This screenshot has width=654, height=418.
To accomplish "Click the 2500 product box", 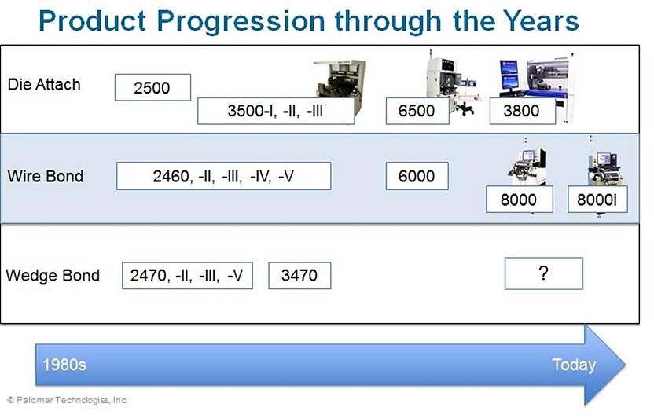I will [x=152, y=87].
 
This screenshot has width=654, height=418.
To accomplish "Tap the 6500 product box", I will [x=417, y=111].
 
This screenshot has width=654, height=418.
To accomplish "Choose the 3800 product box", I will [x=522, y=111].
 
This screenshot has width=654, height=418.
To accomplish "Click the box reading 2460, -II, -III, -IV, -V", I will [x=223, y=176].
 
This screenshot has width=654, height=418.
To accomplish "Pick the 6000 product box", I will [x=417, y=176].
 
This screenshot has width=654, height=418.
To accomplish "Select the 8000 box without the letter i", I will [x=519, y=200].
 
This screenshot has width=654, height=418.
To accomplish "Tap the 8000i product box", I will [x=597, y=200].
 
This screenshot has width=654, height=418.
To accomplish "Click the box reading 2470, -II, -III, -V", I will [x=187, y=276].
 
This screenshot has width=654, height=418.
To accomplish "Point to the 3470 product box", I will [x=299, y=276].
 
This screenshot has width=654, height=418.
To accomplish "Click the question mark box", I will [x=543, y=273].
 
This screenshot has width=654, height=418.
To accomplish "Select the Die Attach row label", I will [x=44, y=84].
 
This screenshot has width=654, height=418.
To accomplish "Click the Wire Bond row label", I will [x=45, y=176].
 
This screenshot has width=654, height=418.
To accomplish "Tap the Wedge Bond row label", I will [x=53, y=276].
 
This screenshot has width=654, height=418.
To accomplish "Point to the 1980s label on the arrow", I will [x=64, y=365].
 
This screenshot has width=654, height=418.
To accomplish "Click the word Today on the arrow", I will [x=573, y=365].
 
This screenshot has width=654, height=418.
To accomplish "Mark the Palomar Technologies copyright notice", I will [x=67, y=400].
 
